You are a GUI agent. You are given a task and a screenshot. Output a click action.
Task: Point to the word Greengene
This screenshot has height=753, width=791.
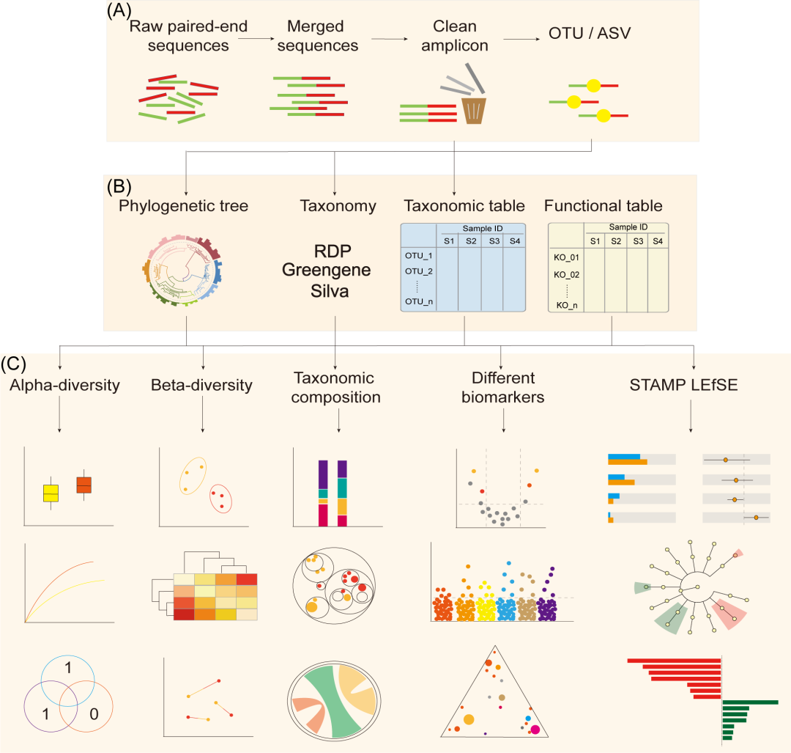pos(333,271)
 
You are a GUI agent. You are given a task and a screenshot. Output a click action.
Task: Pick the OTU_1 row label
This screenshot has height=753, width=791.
pos(420,255)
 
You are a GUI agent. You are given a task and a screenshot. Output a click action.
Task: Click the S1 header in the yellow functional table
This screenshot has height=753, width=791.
pos(595,241)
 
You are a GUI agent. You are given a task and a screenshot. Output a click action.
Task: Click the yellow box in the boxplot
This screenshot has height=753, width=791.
pos(51,493)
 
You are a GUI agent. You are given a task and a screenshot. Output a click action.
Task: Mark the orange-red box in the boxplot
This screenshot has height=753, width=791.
pos(84,484)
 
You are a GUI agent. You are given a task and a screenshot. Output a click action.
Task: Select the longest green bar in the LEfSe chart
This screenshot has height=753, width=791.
pos(750,702)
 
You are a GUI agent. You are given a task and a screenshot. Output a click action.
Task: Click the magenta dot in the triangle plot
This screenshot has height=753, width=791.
pos(535,728)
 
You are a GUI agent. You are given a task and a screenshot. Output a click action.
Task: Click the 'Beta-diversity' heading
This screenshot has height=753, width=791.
pos(201,384)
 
